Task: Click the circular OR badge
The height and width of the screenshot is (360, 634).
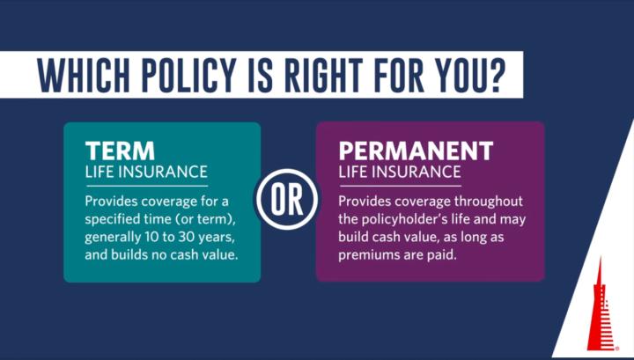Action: pyautogui.click(x=288, y=200)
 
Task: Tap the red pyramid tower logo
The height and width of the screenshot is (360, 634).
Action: pyautogui.click(x=600, y=309)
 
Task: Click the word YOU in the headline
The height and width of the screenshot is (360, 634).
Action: pyautogui.click(x=456, y=76)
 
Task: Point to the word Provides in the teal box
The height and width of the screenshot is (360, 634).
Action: pyautogui.click(x=113, y=201)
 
